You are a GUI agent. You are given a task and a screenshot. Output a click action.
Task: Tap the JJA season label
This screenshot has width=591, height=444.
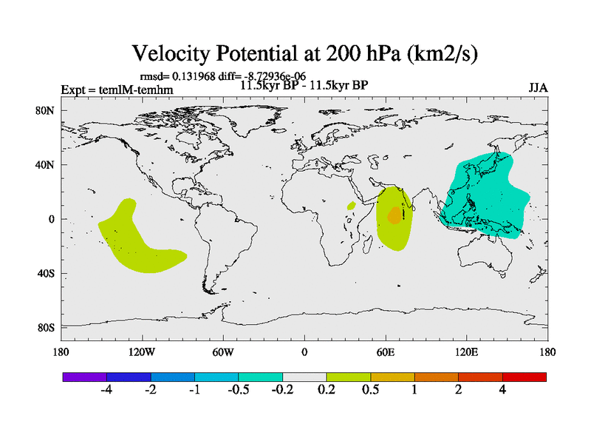[538, 88]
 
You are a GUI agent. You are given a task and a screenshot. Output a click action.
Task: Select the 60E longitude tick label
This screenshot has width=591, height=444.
[386, 351]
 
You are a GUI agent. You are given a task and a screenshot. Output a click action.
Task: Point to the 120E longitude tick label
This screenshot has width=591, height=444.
[466, 351]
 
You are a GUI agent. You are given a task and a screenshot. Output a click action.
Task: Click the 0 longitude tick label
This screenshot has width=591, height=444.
[304, 351]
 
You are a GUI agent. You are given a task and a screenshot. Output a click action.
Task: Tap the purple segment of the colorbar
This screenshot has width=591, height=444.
[85, 377]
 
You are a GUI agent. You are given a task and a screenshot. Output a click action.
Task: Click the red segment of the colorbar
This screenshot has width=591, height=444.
[525, 377]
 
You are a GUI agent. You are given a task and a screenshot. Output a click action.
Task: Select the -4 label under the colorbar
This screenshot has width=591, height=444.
[106, 390]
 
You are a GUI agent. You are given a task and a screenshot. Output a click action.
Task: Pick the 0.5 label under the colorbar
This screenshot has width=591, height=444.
[370, 390]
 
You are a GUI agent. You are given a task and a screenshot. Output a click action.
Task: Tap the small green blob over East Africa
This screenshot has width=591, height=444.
[352, 204]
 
